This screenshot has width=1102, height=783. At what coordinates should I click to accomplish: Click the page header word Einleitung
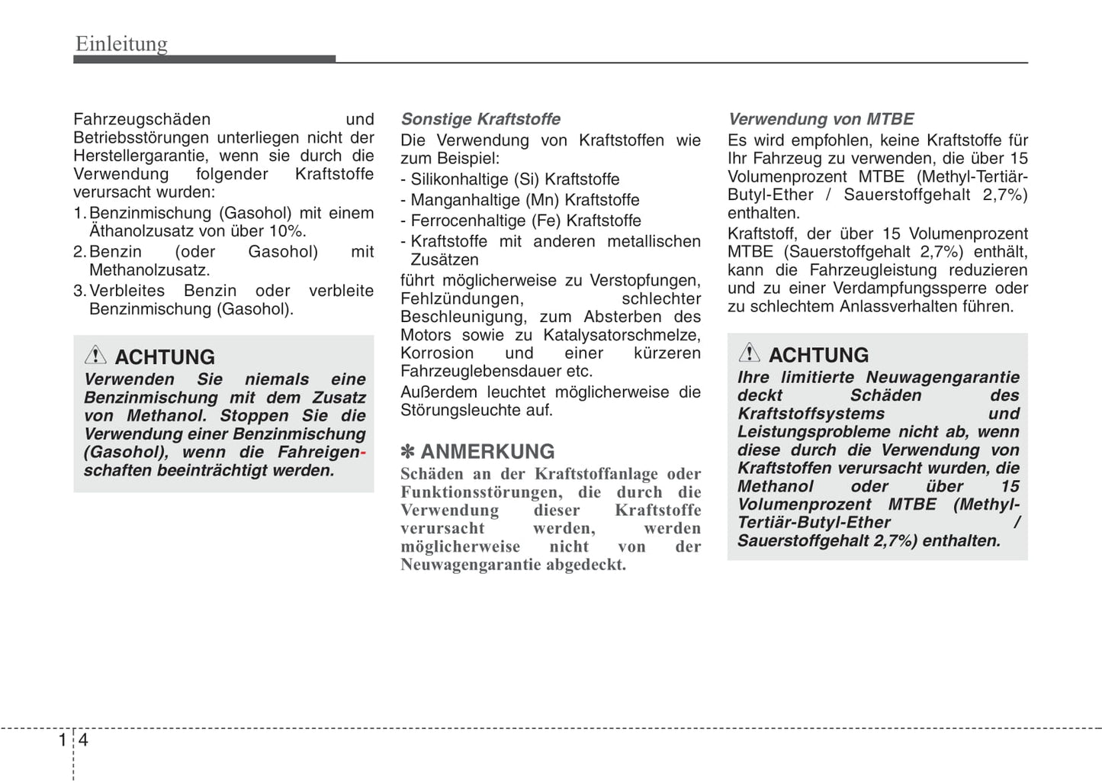121,44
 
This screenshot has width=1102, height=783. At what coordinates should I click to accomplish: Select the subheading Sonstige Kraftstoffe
480,119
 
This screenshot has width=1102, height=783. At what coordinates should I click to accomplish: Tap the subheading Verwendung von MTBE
821,119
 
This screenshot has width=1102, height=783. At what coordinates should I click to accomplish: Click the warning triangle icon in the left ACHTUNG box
95,355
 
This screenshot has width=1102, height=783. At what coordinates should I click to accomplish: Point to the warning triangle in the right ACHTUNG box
749,353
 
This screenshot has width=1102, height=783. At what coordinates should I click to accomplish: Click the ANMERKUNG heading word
487,452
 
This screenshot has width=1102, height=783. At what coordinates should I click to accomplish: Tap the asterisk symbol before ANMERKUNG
407,452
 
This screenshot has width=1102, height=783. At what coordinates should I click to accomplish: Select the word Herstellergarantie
143,156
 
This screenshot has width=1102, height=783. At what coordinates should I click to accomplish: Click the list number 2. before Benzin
80,252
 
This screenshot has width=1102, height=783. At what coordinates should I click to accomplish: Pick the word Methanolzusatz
149,270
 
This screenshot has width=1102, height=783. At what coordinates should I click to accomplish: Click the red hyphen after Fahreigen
363,453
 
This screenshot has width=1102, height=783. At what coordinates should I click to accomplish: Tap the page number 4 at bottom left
83,740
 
